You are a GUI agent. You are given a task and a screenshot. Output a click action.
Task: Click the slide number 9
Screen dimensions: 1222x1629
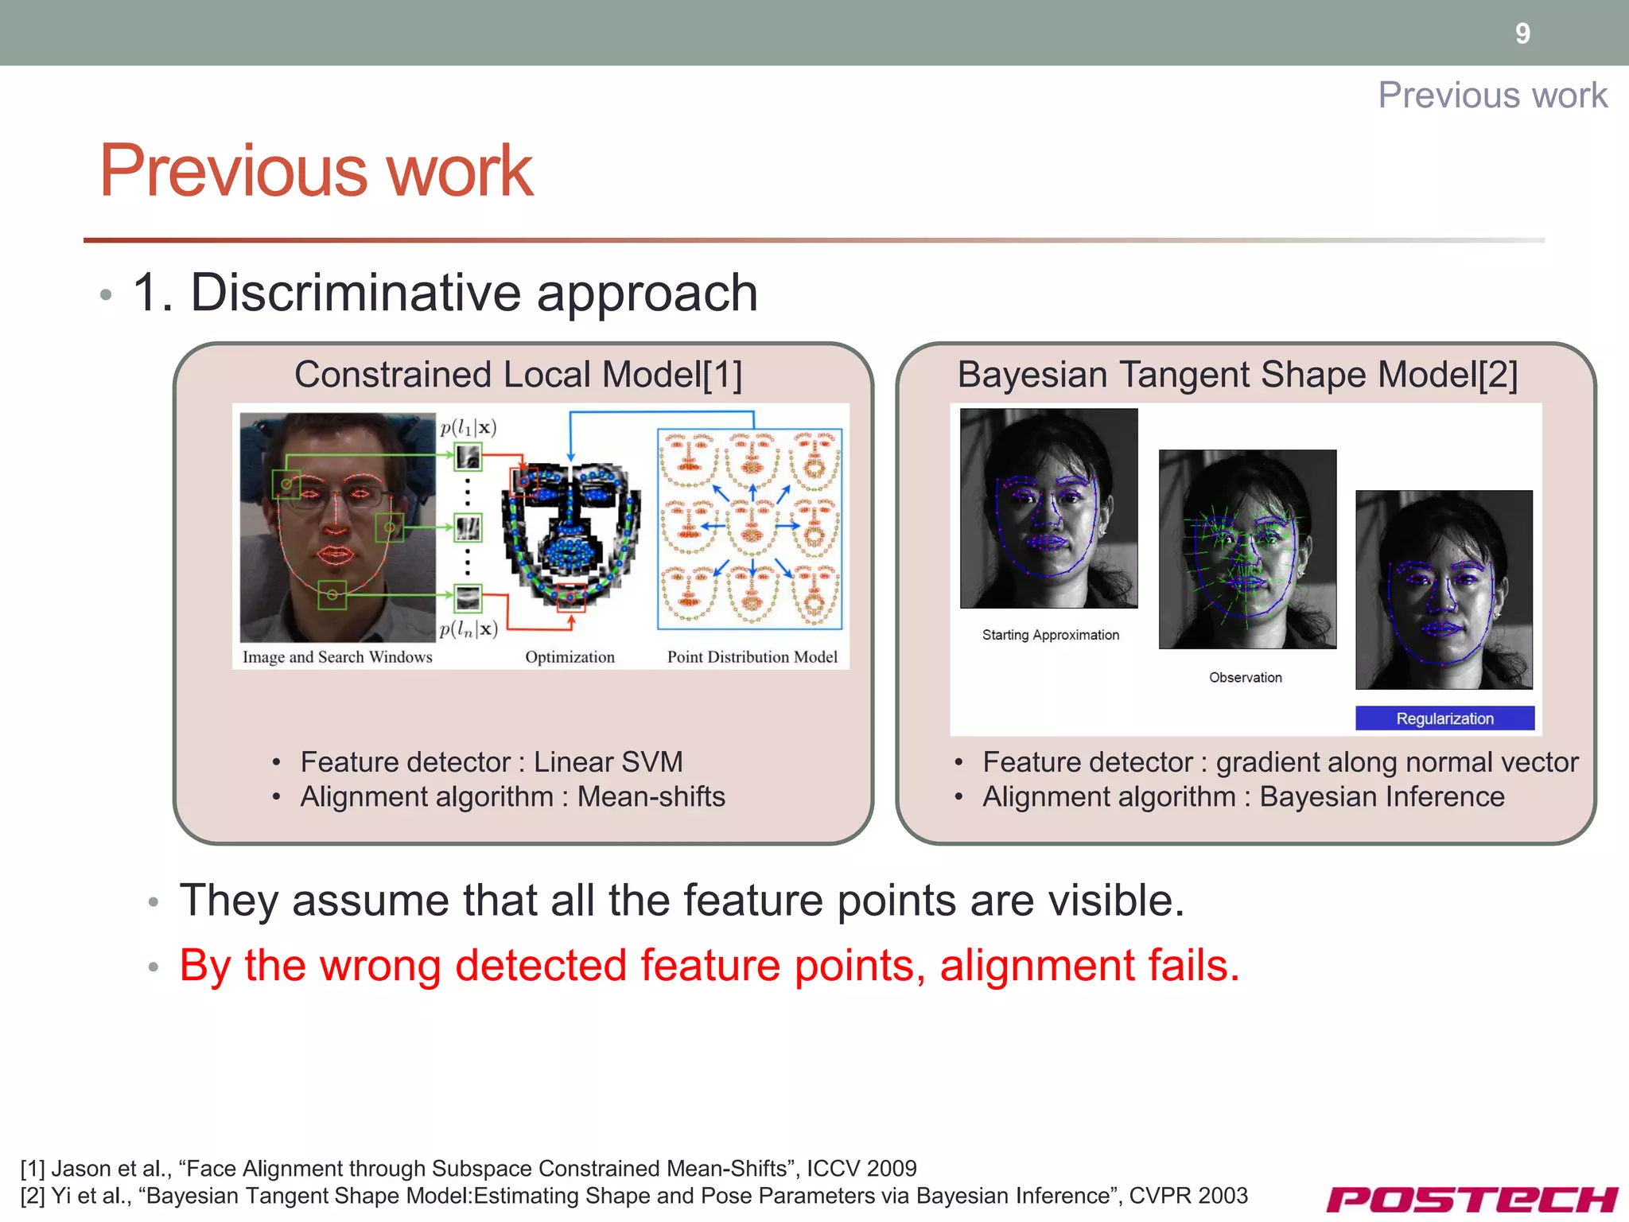(1522, 33)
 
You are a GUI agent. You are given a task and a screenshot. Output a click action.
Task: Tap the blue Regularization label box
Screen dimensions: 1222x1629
(1444, 718)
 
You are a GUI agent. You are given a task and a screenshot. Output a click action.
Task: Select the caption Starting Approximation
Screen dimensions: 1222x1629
(1050, 635)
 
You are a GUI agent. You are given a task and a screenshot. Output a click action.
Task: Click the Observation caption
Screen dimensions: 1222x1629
(1245, 678)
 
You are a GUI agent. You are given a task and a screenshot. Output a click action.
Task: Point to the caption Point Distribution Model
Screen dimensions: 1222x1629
(752, 657)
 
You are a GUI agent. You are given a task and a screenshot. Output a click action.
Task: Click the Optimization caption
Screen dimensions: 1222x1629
(570, 657)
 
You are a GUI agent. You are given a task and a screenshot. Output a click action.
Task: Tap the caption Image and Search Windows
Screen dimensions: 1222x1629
(337, 657)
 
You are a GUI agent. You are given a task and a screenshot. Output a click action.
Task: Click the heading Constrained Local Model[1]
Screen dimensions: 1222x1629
(518, 375)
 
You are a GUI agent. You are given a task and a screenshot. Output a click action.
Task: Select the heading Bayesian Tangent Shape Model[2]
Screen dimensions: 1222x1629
(1238, 375)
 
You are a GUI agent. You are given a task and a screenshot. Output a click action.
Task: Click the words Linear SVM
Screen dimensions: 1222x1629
(608, 762)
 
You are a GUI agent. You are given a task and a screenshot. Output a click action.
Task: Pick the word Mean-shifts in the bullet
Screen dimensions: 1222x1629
(651, 797)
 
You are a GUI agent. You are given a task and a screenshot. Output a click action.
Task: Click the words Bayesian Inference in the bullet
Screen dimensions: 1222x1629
(1382, 797)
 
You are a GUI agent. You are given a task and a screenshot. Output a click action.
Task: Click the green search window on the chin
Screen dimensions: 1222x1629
(332, 595)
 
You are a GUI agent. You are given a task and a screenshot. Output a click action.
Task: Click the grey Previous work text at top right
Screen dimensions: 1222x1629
(1492, 95)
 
